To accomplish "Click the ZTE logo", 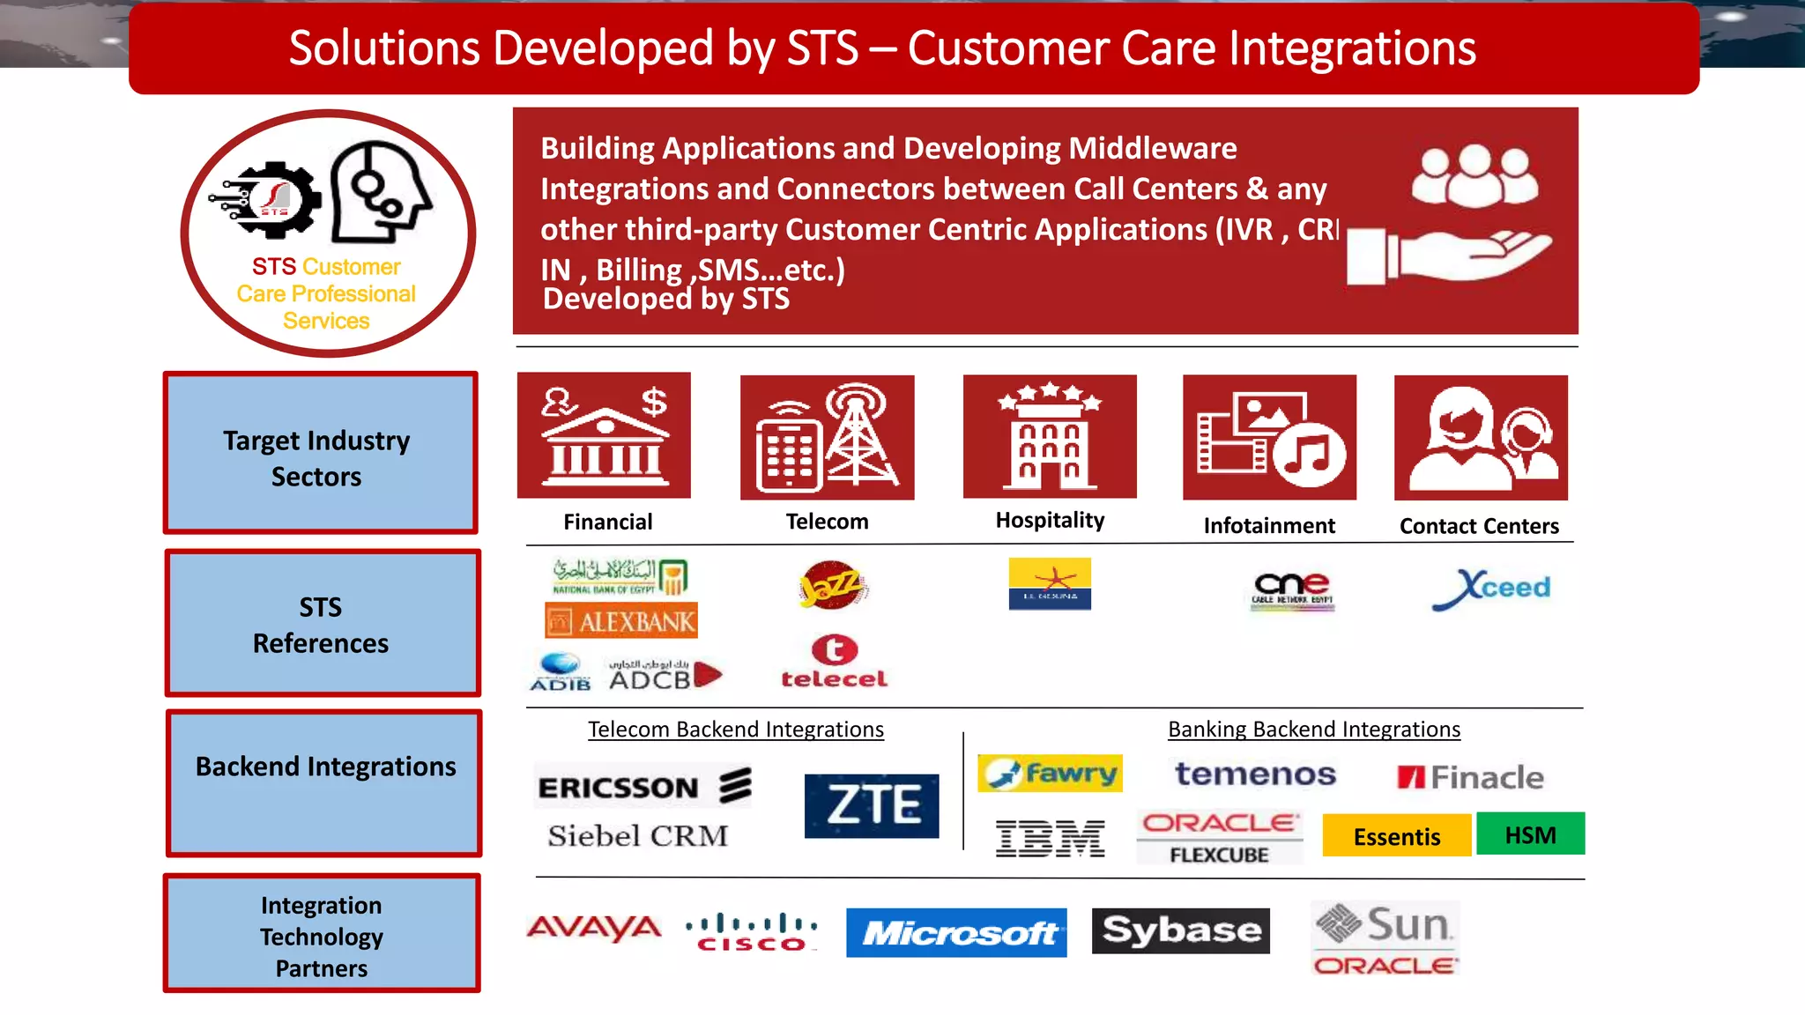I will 872,805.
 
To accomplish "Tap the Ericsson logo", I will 643,786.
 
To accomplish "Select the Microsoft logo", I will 956,932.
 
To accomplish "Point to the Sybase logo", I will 1180,930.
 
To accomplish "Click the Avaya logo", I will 594,928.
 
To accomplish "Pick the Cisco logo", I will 752,933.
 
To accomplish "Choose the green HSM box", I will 1530,834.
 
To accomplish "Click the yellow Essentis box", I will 1396,836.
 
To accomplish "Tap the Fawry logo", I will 1050,774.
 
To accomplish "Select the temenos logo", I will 1255,774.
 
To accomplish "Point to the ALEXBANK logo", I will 621,621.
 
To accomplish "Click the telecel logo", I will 834,662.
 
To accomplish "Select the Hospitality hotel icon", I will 1050,436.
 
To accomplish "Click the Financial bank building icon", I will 604,435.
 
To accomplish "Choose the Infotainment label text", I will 1269,526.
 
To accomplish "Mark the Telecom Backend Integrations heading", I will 736,730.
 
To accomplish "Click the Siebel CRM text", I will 638,835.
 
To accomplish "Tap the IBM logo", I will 1050,838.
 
